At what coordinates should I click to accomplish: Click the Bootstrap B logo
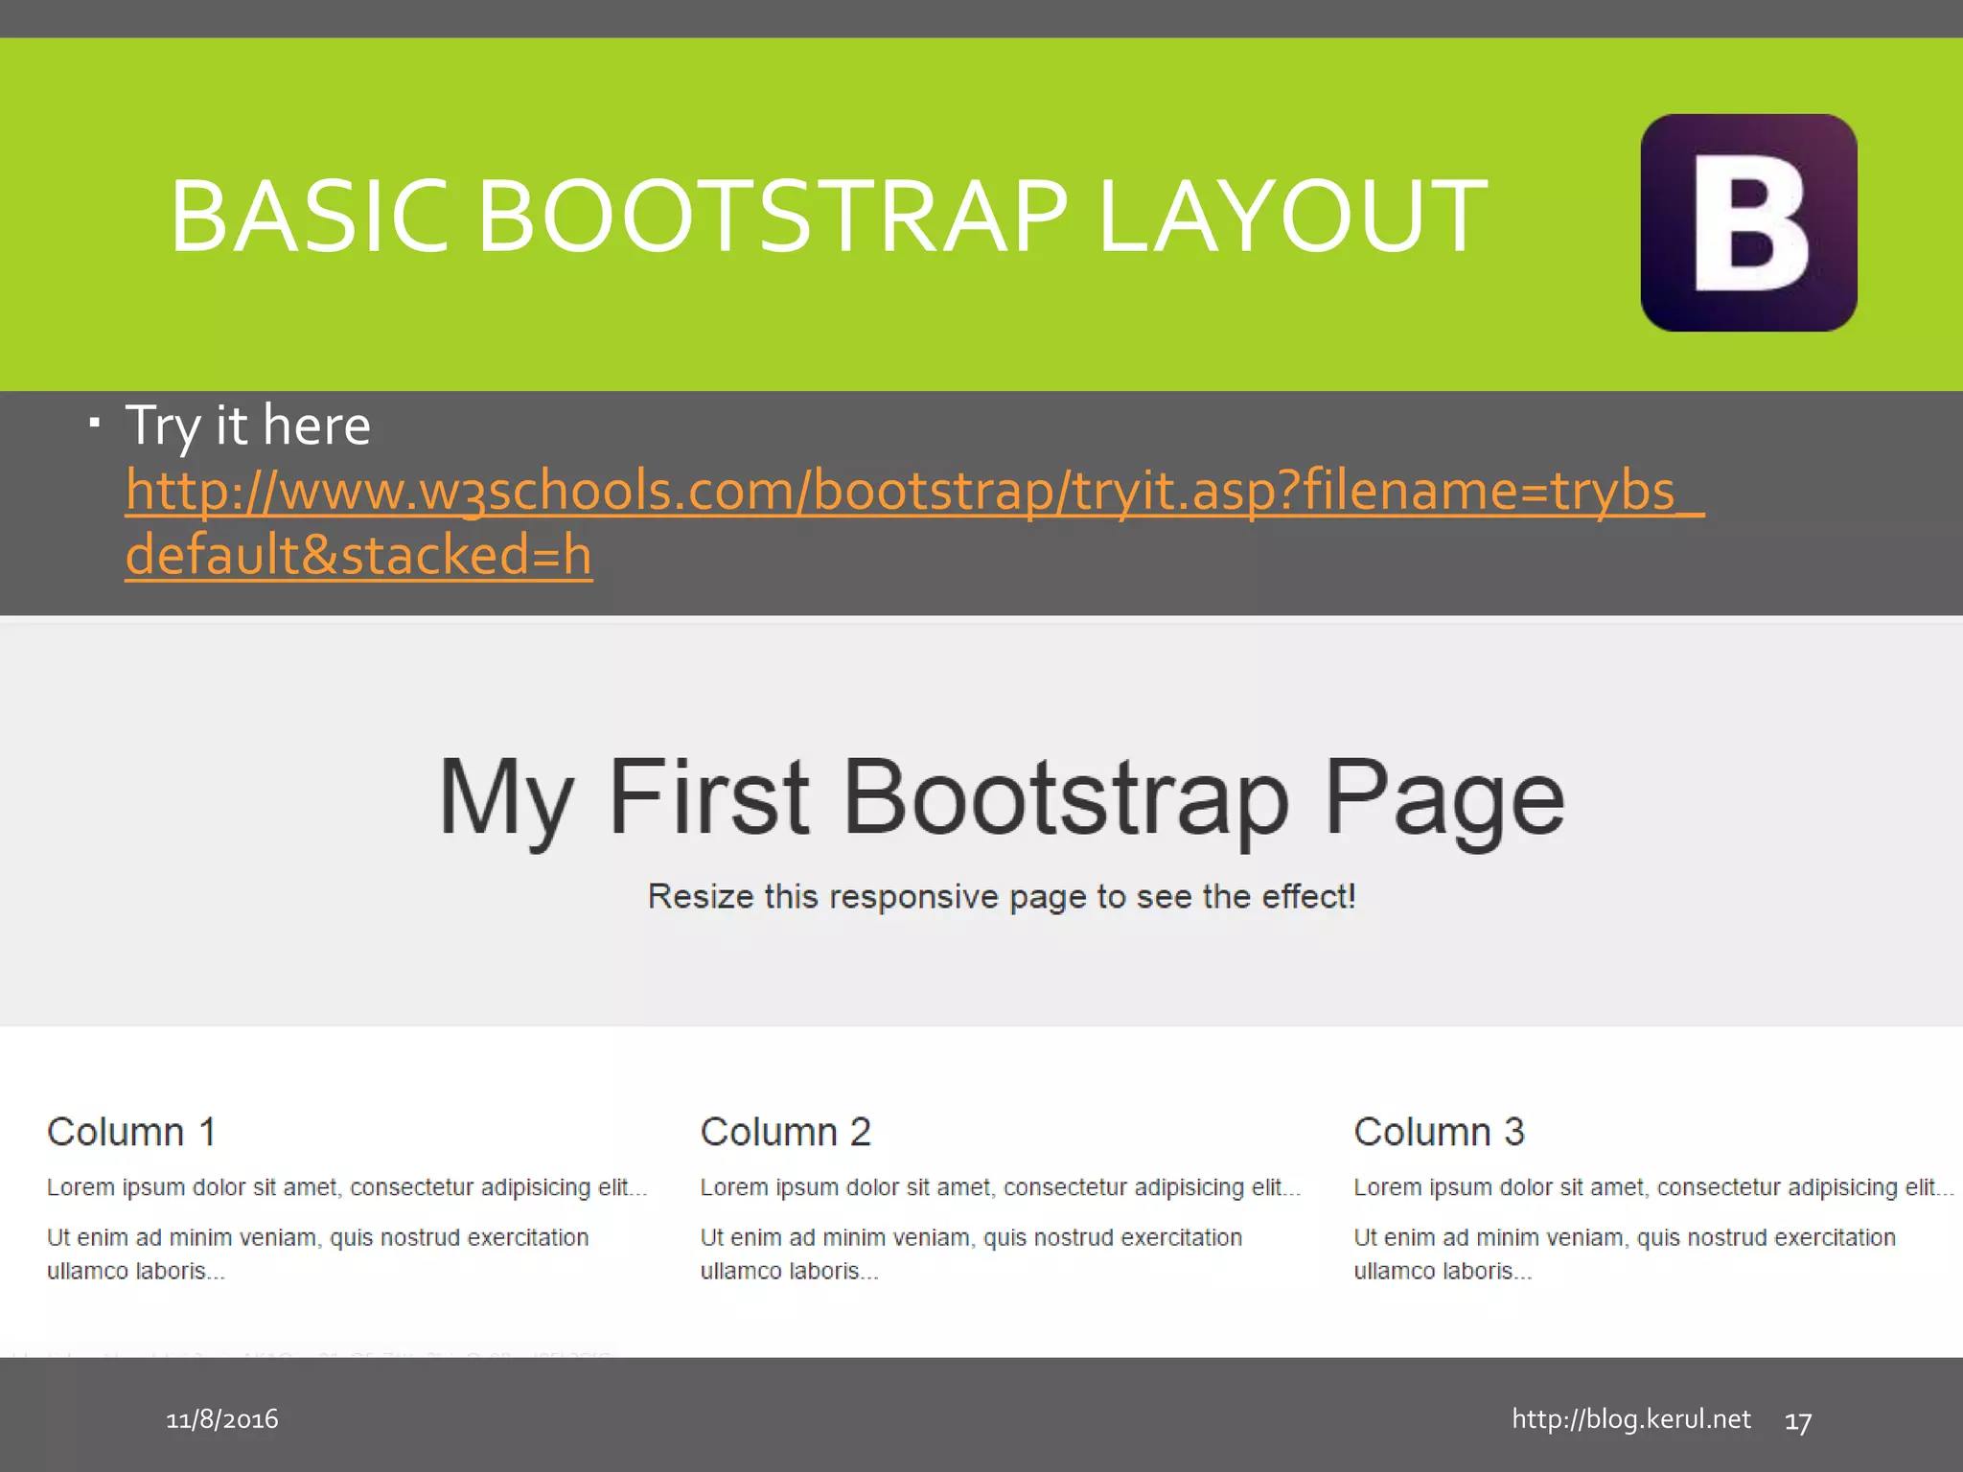1748,222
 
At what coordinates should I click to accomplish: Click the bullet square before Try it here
94,422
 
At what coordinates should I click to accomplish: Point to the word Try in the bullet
162,426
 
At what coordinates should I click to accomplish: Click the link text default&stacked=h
358,555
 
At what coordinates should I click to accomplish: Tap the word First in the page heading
708,796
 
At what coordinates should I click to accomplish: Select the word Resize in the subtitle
701,897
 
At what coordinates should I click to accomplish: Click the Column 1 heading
131,1132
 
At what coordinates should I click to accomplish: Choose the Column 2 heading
785,1132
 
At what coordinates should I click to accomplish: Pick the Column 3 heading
1438,1132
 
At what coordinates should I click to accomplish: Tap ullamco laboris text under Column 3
1442,1272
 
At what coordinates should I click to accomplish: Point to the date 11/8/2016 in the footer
222,1419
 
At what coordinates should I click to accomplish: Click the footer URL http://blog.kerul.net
1630,1419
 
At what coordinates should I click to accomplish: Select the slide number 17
1797,1422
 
